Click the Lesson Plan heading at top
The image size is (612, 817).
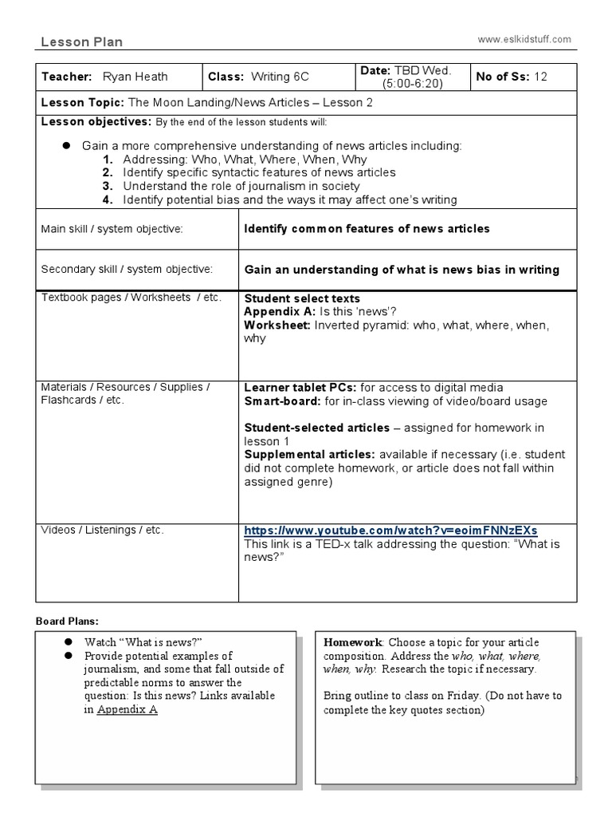[x=81, y=42]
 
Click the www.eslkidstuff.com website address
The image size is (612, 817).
[x=524, y=38]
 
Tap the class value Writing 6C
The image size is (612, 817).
[x=280, y=77]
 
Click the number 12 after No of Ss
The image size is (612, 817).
[x=542, y=77]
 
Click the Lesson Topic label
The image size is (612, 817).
[x=82, y=103]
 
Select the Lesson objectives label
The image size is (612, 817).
[x=96, y=121]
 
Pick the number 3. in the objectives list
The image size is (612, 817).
[x=108, y=186]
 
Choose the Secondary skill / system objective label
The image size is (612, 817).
[x=126, y=270]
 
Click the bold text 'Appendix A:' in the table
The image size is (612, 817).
[x=279, y=311]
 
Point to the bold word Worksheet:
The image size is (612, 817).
[x=277, y=325]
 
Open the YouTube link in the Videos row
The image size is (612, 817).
[x=390, y=531]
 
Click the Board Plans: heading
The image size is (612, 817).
[x=68, y=621]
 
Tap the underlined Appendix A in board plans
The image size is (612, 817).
[x=127, y=709]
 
